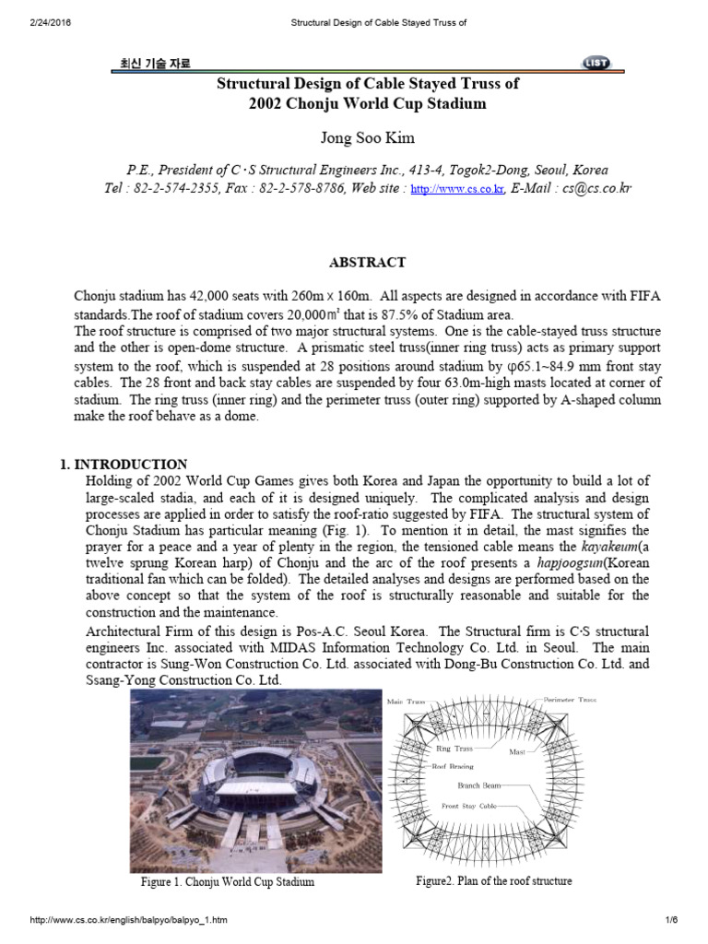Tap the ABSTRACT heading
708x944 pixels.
pyautogui.click(x=367, y=263)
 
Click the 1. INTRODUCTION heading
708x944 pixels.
pyautogui.click(x=130, y=465)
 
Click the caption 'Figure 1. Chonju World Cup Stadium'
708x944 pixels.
pyautogui.click(x=227, y=881)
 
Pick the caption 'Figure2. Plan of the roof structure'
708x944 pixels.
pyautogui.click(x=493, y=880)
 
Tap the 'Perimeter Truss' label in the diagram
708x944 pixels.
pyautogui.click(x=570, y=701)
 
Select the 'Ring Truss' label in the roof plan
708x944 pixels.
pyautogui.click(x=454, y=749)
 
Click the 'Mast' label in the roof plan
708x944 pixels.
pyautogui.click(x=517, y=752)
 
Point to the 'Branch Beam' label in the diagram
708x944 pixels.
pyautogui.click(x=479, y=785)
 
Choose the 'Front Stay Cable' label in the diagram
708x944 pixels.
pyautogui.click(x=468, y=806)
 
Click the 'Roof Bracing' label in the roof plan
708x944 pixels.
pyautogui.click(x=452, y=766)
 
